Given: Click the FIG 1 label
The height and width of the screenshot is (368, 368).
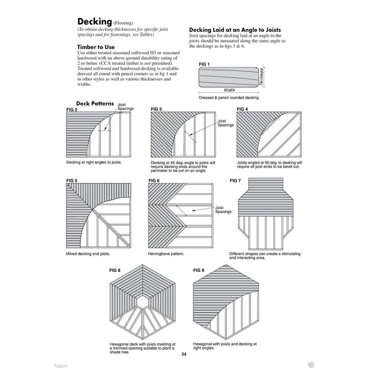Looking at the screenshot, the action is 204,63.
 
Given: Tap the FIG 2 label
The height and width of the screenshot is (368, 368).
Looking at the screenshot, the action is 72,109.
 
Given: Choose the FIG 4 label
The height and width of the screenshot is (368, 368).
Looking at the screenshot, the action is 242,109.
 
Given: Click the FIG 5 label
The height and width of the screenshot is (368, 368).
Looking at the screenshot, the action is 72,181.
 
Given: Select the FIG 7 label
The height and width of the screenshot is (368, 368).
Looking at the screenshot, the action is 235,181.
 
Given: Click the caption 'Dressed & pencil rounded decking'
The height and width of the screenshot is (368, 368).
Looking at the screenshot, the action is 229,98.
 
